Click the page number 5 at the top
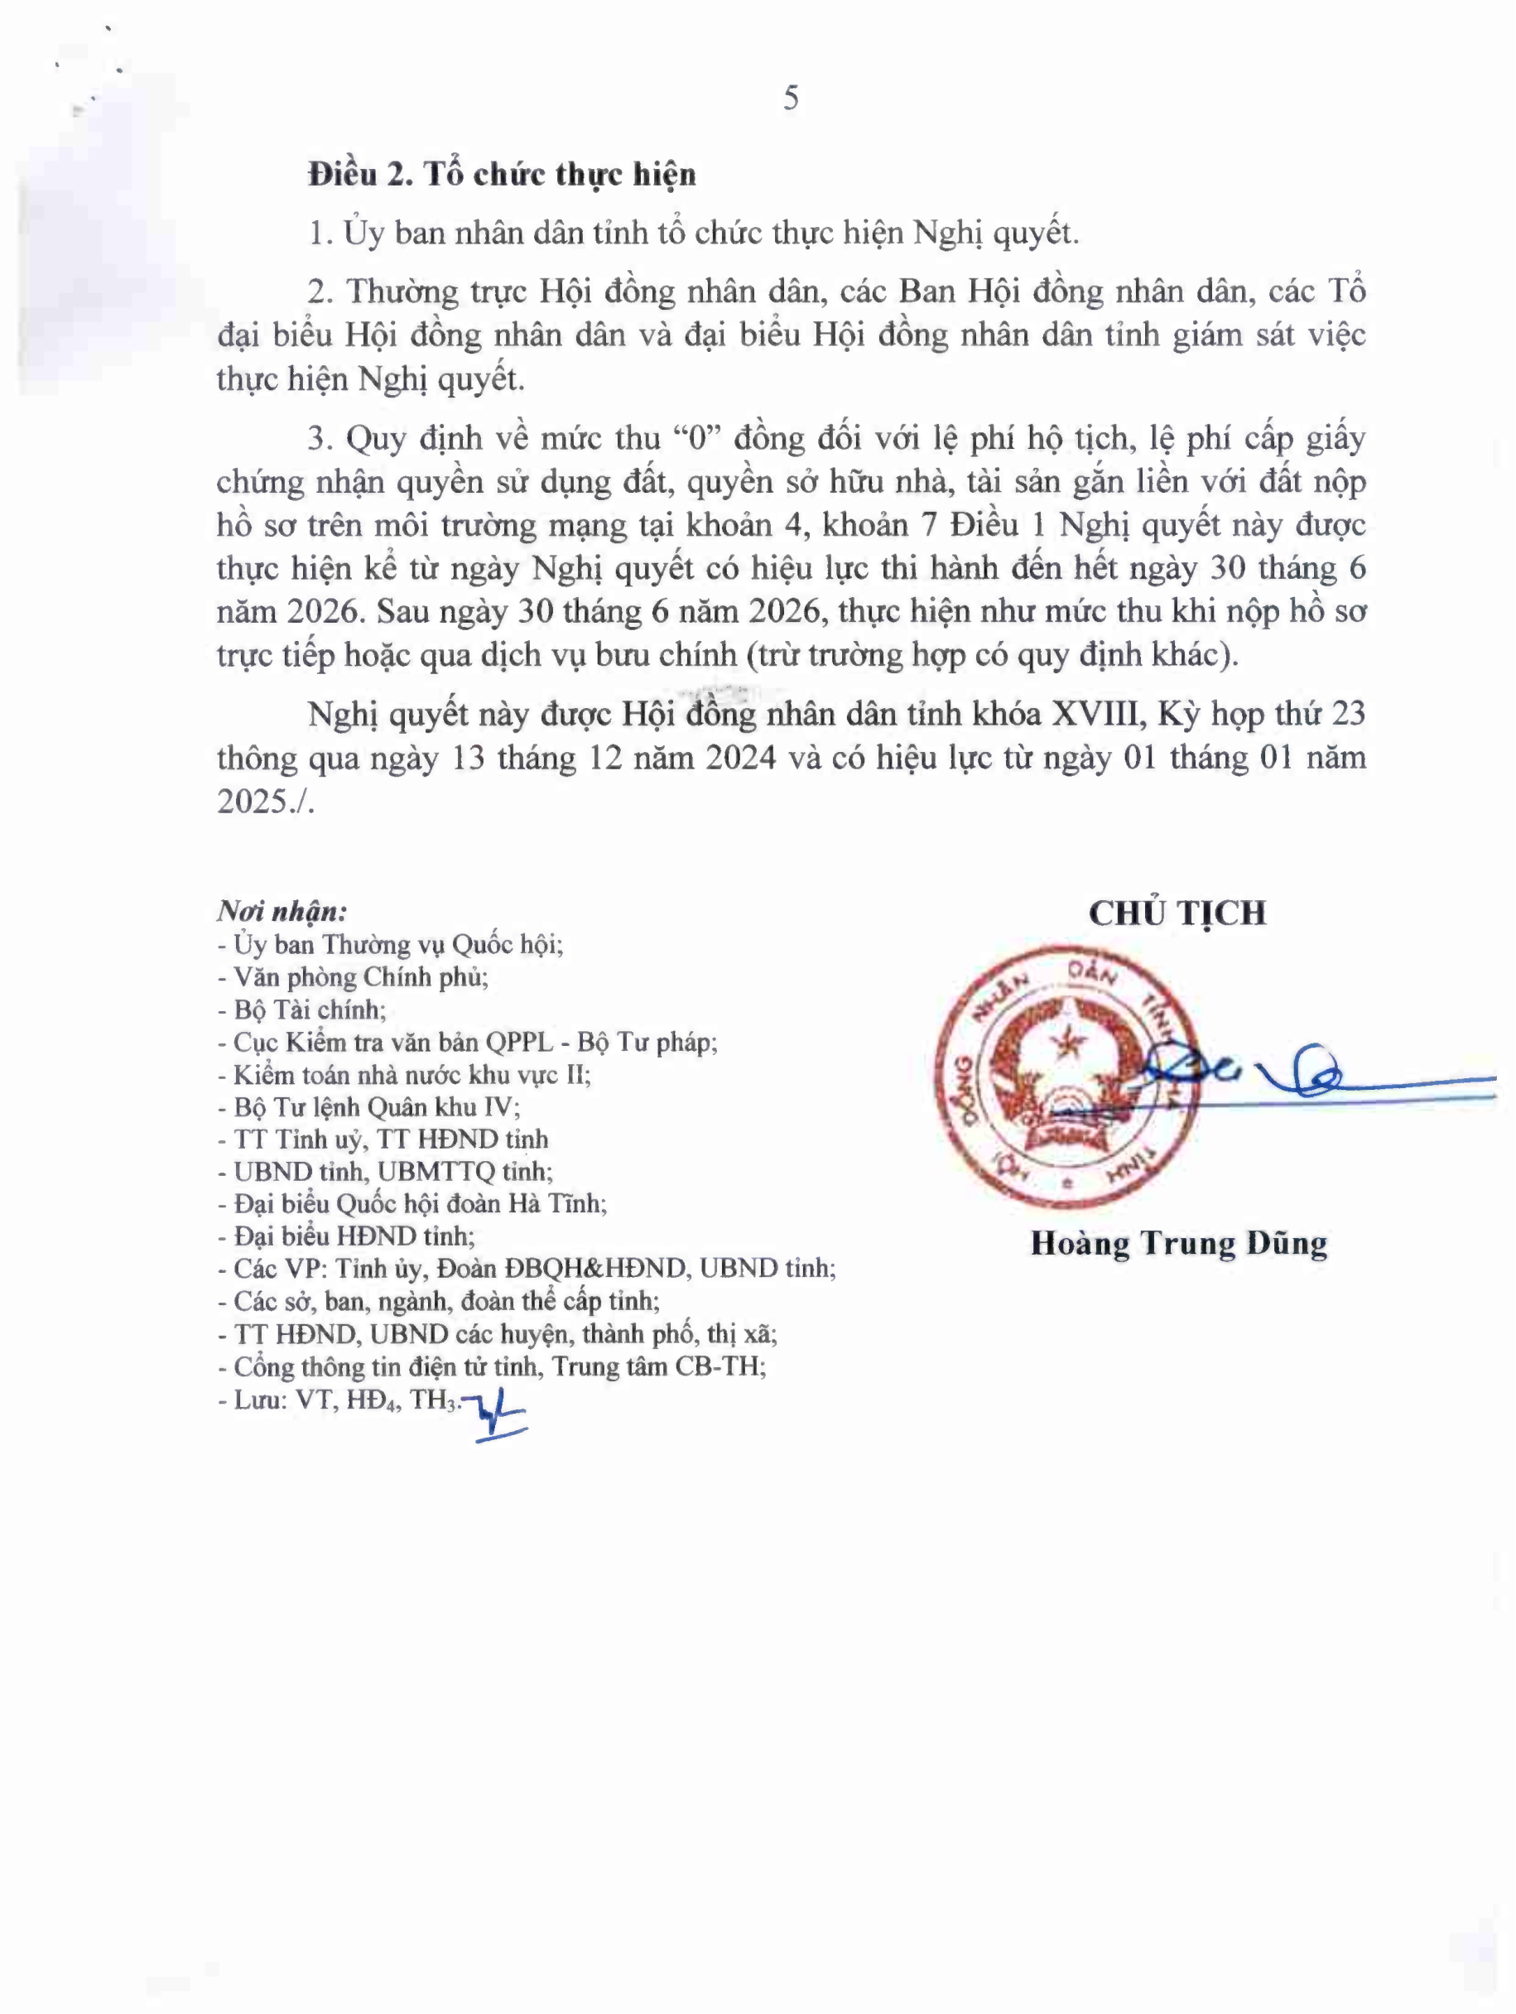[791, 99]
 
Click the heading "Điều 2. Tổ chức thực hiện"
[502, 174]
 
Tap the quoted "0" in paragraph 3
[697, 439]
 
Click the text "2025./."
[265, 802]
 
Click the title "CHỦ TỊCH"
[1177, 913]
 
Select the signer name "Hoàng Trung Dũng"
[1178, 1244]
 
